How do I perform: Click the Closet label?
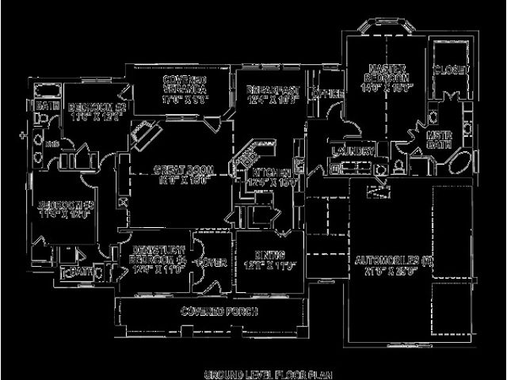pos(446,70)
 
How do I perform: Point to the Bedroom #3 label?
pos(67,210)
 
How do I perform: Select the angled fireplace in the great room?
pos(143,135)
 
